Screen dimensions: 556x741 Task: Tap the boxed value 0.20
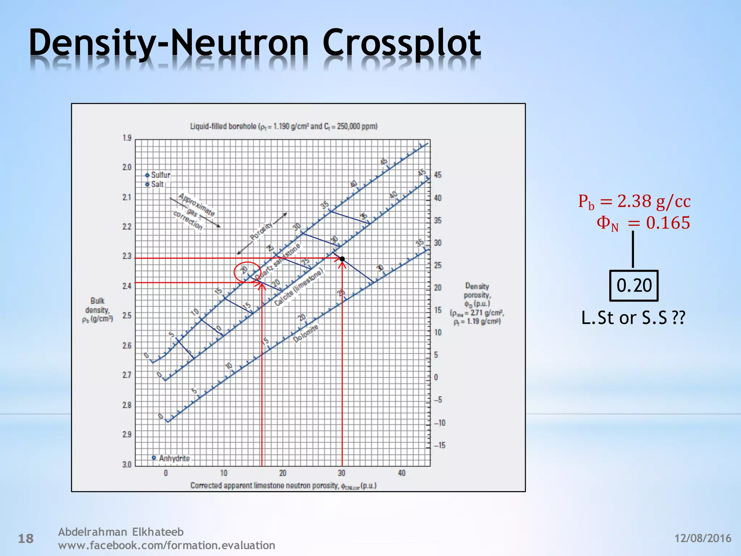coord(634,286)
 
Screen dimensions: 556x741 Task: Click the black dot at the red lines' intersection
coord(342,259)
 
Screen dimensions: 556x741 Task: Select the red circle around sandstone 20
coord(247,272)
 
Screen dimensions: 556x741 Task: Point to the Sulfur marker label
coord(160,175)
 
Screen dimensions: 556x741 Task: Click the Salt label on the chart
coord(157,185)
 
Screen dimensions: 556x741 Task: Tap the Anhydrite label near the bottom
coord(174,459)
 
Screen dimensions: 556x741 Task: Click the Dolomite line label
coord(306,333)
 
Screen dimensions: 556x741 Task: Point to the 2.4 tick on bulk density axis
coord(127,286)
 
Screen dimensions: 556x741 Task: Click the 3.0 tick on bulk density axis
coord(127,464)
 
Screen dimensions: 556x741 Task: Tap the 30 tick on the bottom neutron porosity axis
coord(342,473)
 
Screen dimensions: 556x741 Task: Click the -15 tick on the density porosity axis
coord(440,446)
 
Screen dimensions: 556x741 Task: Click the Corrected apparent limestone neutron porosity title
coord(283,486)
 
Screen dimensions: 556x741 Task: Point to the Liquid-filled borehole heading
coord(284,126)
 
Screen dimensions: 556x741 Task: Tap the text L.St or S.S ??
coord(633,318)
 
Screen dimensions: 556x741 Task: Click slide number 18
coord(26,539)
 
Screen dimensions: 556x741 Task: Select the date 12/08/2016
coord(703,538)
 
